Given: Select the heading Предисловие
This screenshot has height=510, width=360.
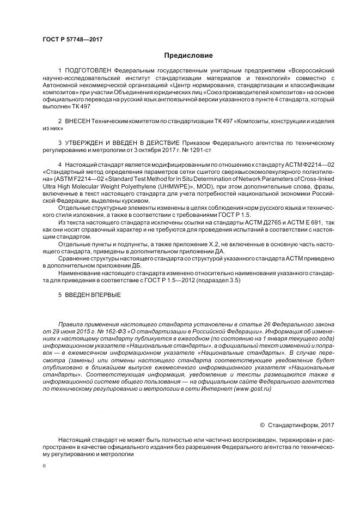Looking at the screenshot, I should pyautogui.click(x=188, y=56).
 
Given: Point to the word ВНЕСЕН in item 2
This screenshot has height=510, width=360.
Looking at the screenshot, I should pyautogui.click(x=77, y=120).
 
